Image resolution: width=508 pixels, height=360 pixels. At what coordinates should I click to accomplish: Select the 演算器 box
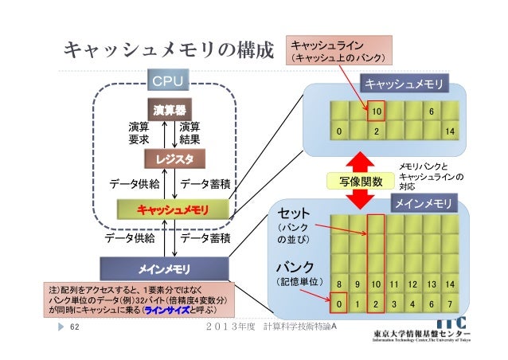(168, 108)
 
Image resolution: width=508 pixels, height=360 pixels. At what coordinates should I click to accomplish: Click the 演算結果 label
(190, 132)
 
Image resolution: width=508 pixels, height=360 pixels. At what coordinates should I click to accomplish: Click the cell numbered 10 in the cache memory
(377, 113)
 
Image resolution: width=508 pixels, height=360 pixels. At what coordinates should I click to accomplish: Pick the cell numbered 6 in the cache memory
(431, 113)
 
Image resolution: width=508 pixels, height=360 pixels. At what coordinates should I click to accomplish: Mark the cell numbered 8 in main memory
(340, 284)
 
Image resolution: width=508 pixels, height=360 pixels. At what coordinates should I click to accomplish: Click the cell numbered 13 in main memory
(431, 284)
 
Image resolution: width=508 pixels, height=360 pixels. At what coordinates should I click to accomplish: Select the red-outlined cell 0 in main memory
(340, 303)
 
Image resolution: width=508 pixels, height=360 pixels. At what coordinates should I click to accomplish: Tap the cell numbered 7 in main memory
(451, 303)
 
